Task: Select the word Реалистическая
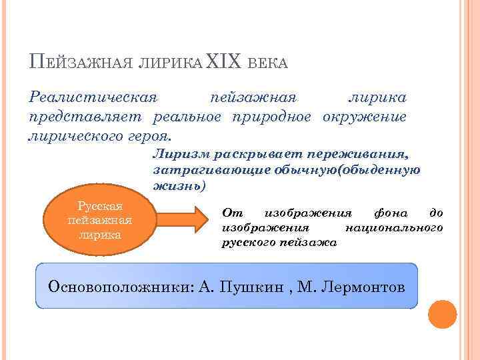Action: point(93,97)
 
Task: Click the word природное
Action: point(272,117)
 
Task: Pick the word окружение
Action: point(365,117)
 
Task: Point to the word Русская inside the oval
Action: point(99,207)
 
